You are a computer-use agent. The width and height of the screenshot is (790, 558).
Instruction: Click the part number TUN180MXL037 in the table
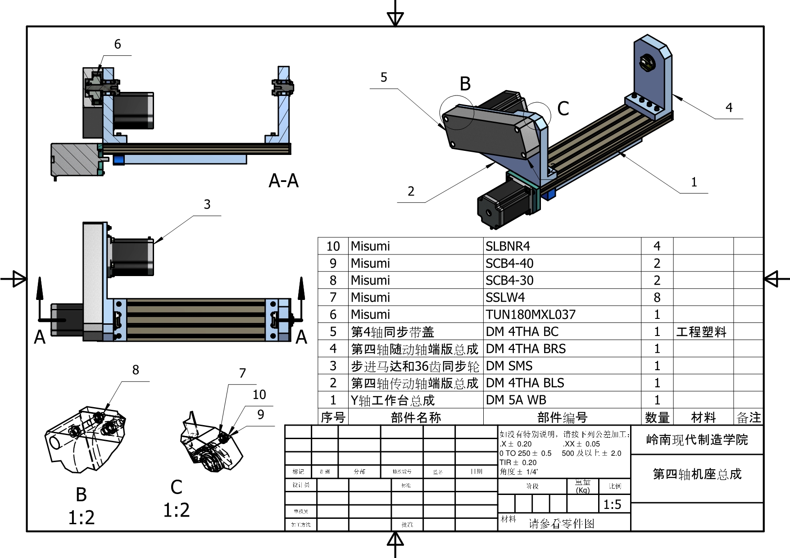coord(530,314)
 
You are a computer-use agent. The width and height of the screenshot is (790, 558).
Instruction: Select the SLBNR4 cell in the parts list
coord(508,246)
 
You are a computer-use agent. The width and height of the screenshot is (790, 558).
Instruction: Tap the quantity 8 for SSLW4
coord(657,297)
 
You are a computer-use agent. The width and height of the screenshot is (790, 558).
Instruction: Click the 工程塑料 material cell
coord(701,332)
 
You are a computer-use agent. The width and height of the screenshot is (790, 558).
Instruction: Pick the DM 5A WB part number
coord(516,400)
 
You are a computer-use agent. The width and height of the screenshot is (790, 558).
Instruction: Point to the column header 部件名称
coord(416,417)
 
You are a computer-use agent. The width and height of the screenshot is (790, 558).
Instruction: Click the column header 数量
coord(657,417)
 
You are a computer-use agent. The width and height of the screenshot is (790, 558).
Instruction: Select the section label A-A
coord(283,181)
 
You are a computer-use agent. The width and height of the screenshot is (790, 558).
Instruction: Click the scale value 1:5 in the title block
coord(612,504)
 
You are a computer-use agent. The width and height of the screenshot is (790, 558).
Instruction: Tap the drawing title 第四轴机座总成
coord(697,474)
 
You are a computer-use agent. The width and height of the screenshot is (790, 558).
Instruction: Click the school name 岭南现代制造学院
coord(697,440)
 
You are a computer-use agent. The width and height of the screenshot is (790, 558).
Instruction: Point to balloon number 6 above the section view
coord(118,44)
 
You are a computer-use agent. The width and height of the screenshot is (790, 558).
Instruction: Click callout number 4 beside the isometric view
coord(729,108)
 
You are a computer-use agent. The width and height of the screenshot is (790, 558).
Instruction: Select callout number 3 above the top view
coord(207,204)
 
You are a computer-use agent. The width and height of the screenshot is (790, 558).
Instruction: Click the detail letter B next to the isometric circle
coord(465,84)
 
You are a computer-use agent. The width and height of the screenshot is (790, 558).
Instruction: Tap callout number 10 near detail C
coord(259,395)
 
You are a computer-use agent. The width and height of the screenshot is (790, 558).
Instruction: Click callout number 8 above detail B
coord(136,370)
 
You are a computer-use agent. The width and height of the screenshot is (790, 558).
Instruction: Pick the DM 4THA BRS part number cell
coord(526,349)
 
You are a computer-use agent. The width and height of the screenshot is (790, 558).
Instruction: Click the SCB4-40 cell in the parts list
coord(509,263)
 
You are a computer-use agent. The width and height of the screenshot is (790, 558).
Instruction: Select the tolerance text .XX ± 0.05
coord(581,444)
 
